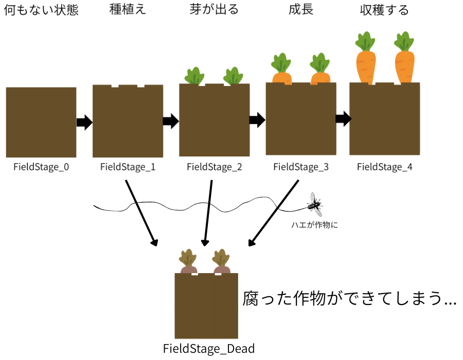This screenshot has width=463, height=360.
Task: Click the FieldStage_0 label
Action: pos(41,167)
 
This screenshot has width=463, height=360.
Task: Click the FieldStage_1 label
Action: pos(128,167)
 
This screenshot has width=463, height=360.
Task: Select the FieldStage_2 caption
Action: pos(214,167)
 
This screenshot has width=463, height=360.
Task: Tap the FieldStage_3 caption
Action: pos(300,167)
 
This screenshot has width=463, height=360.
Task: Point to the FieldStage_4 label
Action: pos(384,167)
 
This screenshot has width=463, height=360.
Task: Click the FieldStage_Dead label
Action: pos(209,349)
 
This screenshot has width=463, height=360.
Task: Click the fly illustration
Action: pos(315,205)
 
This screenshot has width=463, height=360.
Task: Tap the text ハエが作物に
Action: pos(314,224)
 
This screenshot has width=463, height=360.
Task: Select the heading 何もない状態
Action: pos(41,10)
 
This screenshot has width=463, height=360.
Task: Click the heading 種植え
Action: pos(128,10)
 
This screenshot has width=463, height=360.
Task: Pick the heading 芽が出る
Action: pos(214,10)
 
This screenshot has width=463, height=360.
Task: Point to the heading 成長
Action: pos(301,10)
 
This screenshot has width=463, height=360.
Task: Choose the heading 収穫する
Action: pos(384,10)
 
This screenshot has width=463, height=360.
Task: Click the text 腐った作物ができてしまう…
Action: pos(349,299)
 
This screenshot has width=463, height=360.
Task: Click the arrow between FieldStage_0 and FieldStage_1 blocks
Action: pos(84,122)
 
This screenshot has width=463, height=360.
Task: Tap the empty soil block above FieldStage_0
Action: pos(41,122)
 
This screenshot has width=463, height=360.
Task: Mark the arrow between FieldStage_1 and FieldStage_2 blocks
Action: pos(171,121)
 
